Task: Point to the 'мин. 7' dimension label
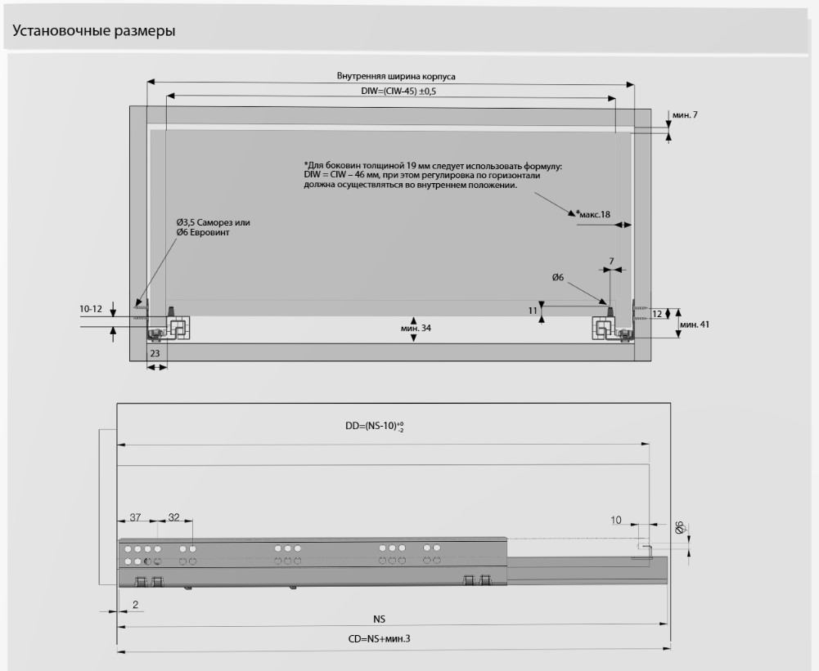tap(685, 115)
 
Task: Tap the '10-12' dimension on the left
tap(92, 309)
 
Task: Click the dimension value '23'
tap(155, 353)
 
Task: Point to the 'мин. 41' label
tap(694, 324)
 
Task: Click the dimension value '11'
tap(533, 311)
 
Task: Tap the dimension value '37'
tap(136, 517)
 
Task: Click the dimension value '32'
tap(173, 517)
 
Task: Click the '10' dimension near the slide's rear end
tap(615, 520)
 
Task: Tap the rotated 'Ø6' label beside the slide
tap(678, 529)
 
